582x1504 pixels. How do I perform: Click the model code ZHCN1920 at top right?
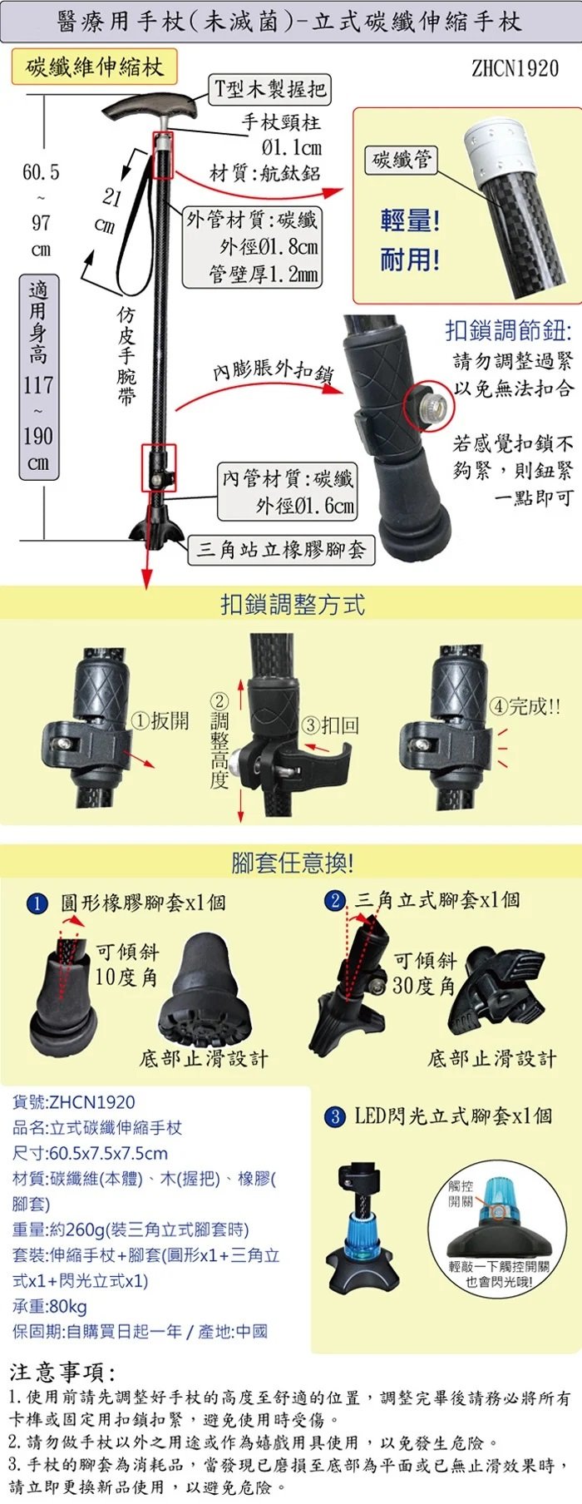pyautogui.click(x=515, y=68)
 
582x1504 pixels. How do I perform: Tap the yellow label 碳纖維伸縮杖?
pyautogui.click(x=95, y=67)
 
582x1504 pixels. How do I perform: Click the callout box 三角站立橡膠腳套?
pyautogui.click(x=281, y=549)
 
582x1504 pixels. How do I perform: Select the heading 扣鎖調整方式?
pyautogui.click(x=292, y=604)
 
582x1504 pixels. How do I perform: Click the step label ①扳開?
pyautogui.click(x=161, y=720)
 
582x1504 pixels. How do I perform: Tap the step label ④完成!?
pyautogui.click(x=525, y=707)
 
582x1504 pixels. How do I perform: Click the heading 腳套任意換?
pyautogui.click(x=292, y=863)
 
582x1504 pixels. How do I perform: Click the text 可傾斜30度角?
pyautogui.click(x=425, y=973)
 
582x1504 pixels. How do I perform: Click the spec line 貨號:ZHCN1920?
pyautogui.click(x=73, y=1102)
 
